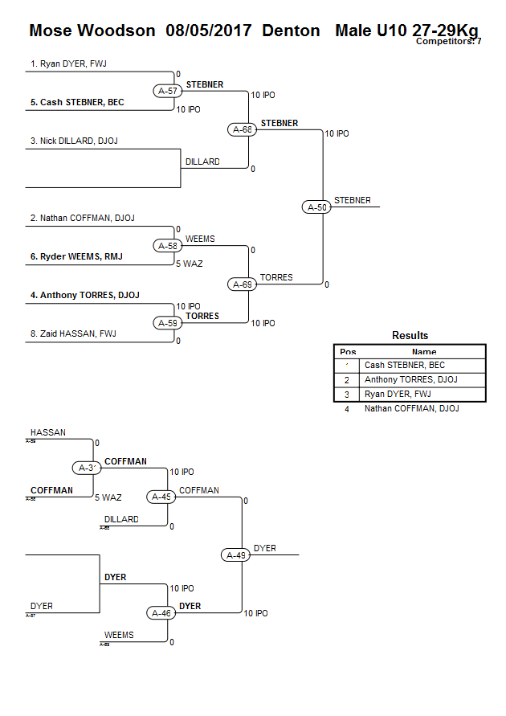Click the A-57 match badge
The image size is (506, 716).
pos(167,91)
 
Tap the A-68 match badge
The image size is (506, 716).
pos(242,129)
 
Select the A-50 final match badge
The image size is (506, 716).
pos(317,207)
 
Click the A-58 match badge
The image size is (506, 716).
pos(167,246)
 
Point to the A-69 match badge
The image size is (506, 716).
pos(242,284)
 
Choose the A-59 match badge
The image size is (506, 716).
pos(167,323)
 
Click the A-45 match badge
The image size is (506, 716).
pos(161,497)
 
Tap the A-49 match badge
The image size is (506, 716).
pos(235,554)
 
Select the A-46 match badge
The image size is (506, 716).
pos(161,613)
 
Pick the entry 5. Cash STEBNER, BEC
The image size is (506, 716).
pos(77,102)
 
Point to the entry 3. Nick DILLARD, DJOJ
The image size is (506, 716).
pos(74,141)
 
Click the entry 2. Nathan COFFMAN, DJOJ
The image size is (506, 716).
pos(80,218)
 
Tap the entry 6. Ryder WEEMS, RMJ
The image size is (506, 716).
pos(76,256)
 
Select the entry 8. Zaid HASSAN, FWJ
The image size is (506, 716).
pos(73,333)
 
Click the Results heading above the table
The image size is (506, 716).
pos(410,335)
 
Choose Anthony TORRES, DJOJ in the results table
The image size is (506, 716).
pos(410,379)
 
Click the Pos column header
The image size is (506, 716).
pos(348,351)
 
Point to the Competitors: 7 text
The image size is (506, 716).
pos(448,41)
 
